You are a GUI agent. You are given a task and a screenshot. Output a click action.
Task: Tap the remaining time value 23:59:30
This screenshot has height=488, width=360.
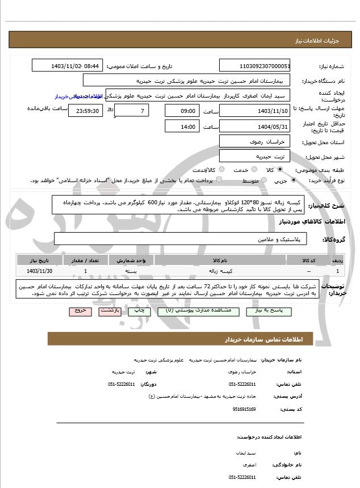[x=86, y=111]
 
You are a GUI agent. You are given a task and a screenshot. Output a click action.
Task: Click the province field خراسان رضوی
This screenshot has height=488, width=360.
[x=254, y=141]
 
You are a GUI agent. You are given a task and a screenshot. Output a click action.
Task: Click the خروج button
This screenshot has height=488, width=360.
[x=79, y=311]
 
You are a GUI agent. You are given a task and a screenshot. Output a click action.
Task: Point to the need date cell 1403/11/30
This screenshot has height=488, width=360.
[x=39, y=272]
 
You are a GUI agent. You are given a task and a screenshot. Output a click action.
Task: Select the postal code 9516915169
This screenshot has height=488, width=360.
[x=244, y=409]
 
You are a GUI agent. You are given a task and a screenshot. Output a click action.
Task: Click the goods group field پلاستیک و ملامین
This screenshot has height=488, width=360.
[x=181, y=239]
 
